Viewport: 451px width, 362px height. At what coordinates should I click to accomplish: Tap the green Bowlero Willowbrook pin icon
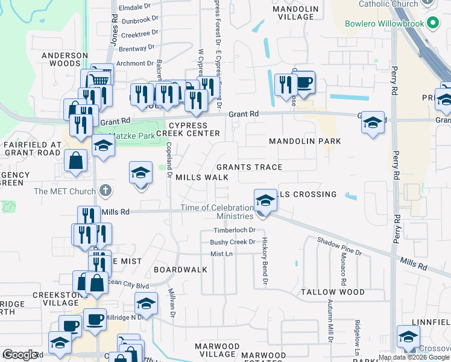point(432,25)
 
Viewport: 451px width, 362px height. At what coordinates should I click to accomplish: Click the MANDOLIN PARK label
point(304,141)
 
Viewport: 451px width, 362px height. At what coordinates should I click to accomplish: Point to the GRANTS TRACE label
point(249,167)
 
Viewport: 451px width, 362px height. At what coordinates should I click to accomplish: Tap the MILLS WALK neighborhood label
point(202,177)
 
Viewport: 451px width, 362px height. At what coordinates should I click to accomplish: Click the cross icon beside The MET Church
point(106,191)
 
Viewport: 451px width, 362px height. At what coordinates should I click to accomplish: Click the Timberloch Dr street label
point(235,230)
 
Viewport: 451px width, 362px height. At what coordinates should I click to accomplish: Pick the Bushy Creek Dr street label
point(233,242)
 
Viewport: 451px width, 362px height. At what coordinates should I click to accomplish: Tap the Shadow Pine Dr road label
point(339,246)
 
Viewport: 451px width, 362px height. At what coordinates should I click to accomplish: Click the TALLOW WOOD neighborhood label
point(332,292)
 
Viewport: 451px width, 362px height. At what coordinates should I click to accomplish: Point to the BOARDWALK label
point(176,269)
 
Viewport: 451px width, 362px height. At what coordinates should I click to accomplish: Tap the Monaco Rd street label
point(344,269)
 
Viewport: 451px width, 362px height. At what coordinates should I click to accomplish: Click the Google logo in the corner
point(20,355)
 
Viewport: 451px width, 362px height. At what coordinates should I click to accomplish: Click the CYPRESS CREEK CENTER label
point(188,129)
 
